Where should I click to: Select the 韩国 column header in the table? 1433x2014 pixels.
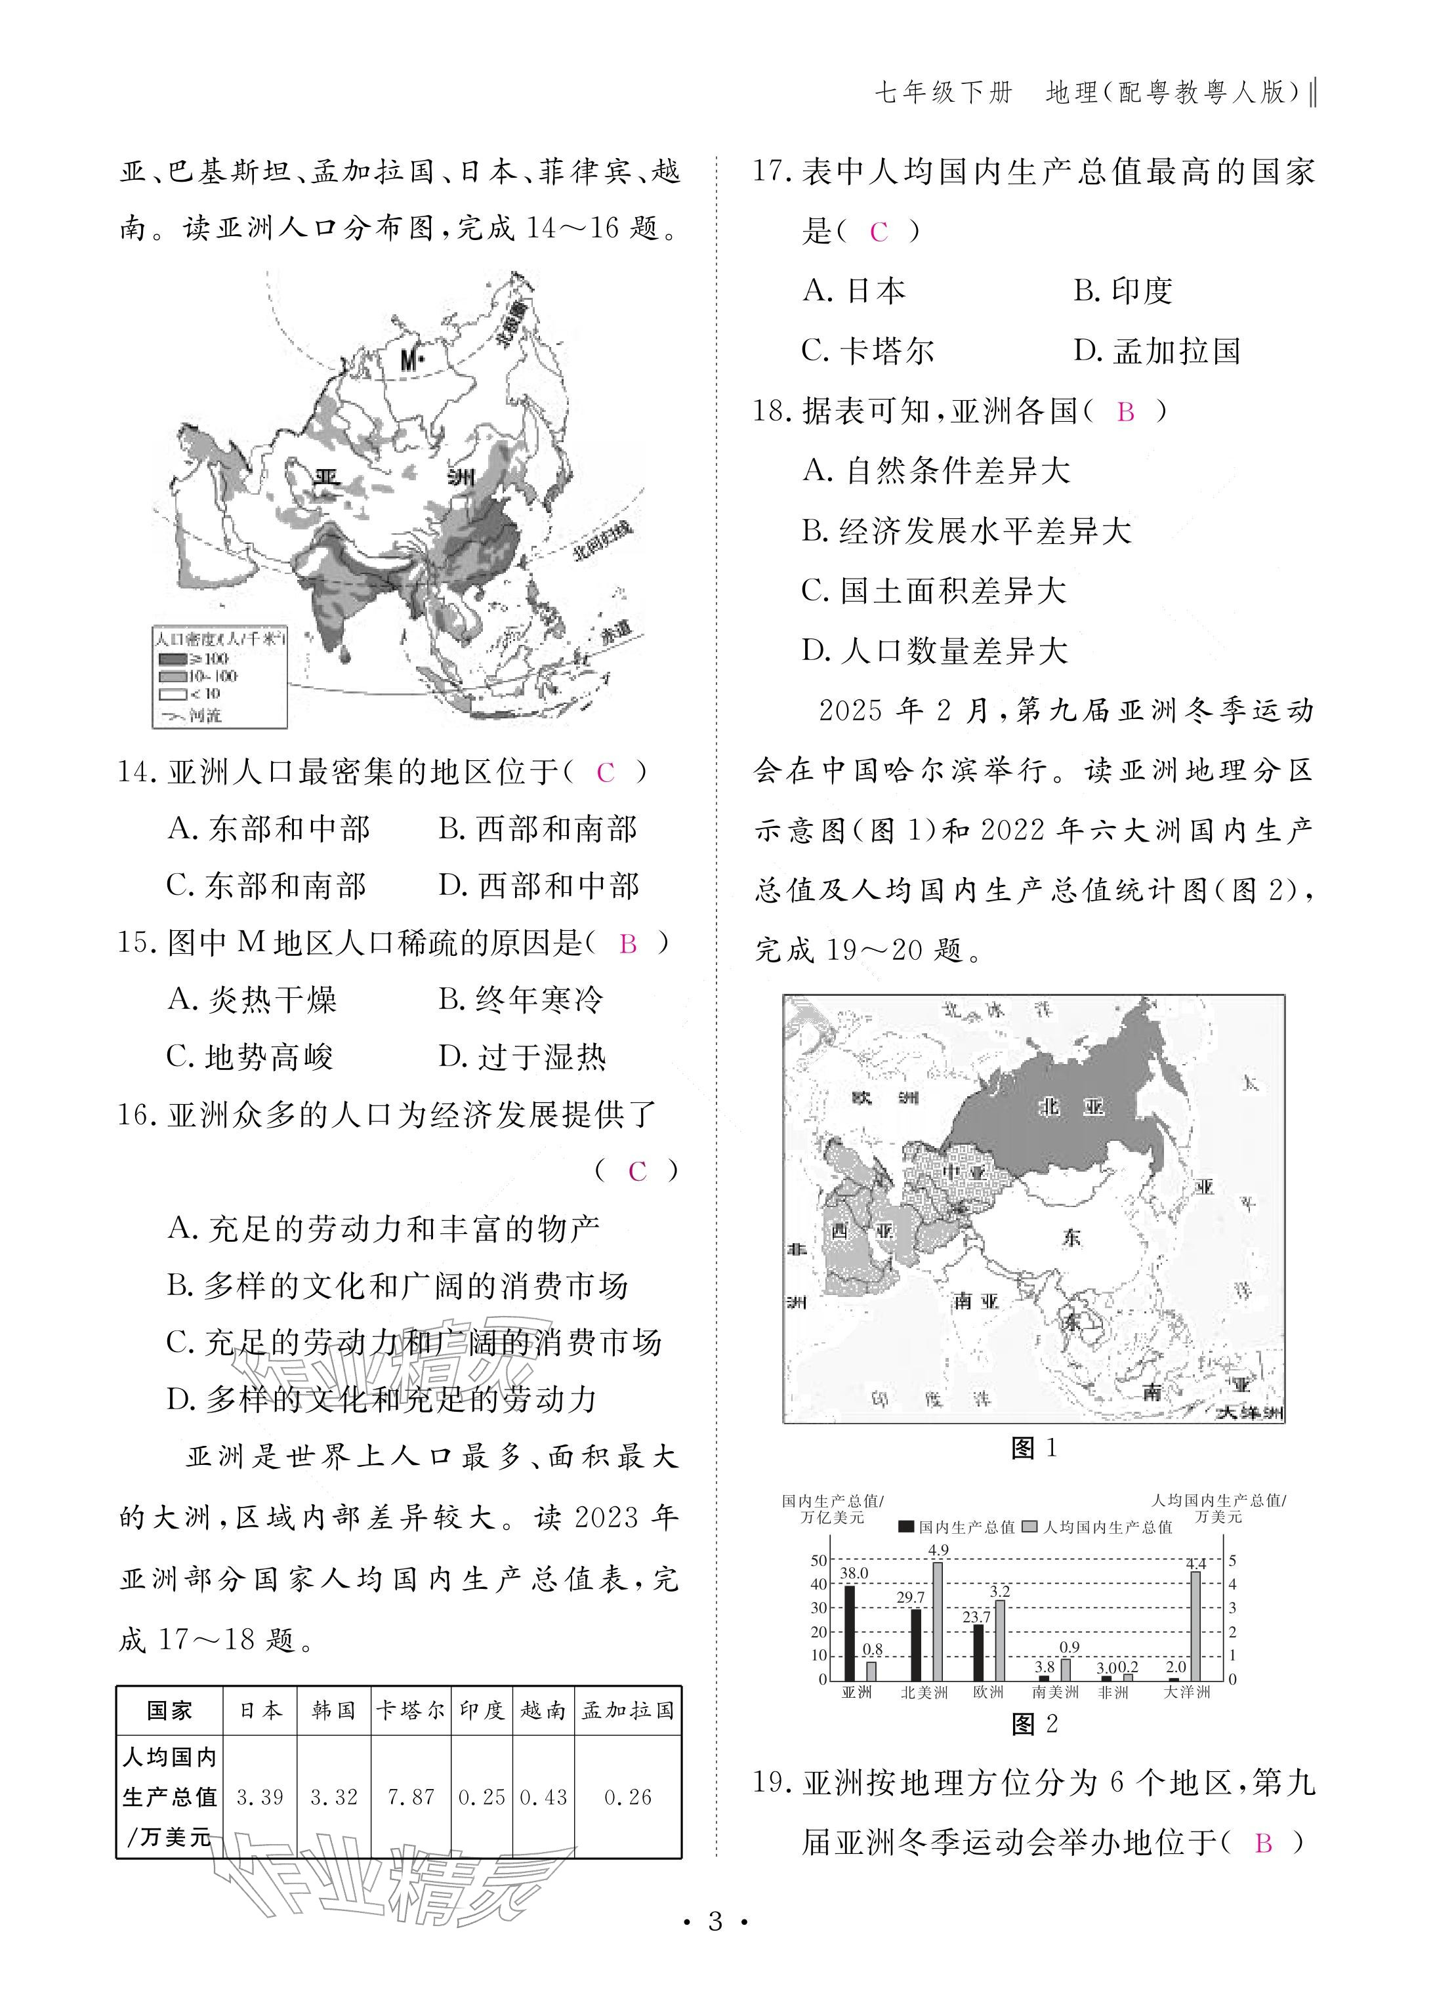point(333,1710)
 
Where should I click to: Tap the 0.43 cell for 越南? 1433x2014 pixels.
point(543,1797)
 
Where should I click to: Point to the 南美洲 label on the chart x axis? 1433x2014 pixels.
point(1055,1692)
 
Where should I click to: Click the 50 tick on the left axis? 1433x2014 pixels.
point(819,1561)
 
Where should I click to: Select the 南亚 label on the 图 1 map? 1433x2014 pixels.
point(975,1301)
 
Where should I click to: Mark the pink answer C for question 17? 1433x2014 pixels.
point(878,232)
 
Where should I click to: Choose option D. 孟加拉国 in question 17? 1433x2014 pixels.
point(1157,351)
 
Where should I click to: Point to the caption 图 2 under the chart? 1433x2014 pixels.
point(1034,1723)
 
